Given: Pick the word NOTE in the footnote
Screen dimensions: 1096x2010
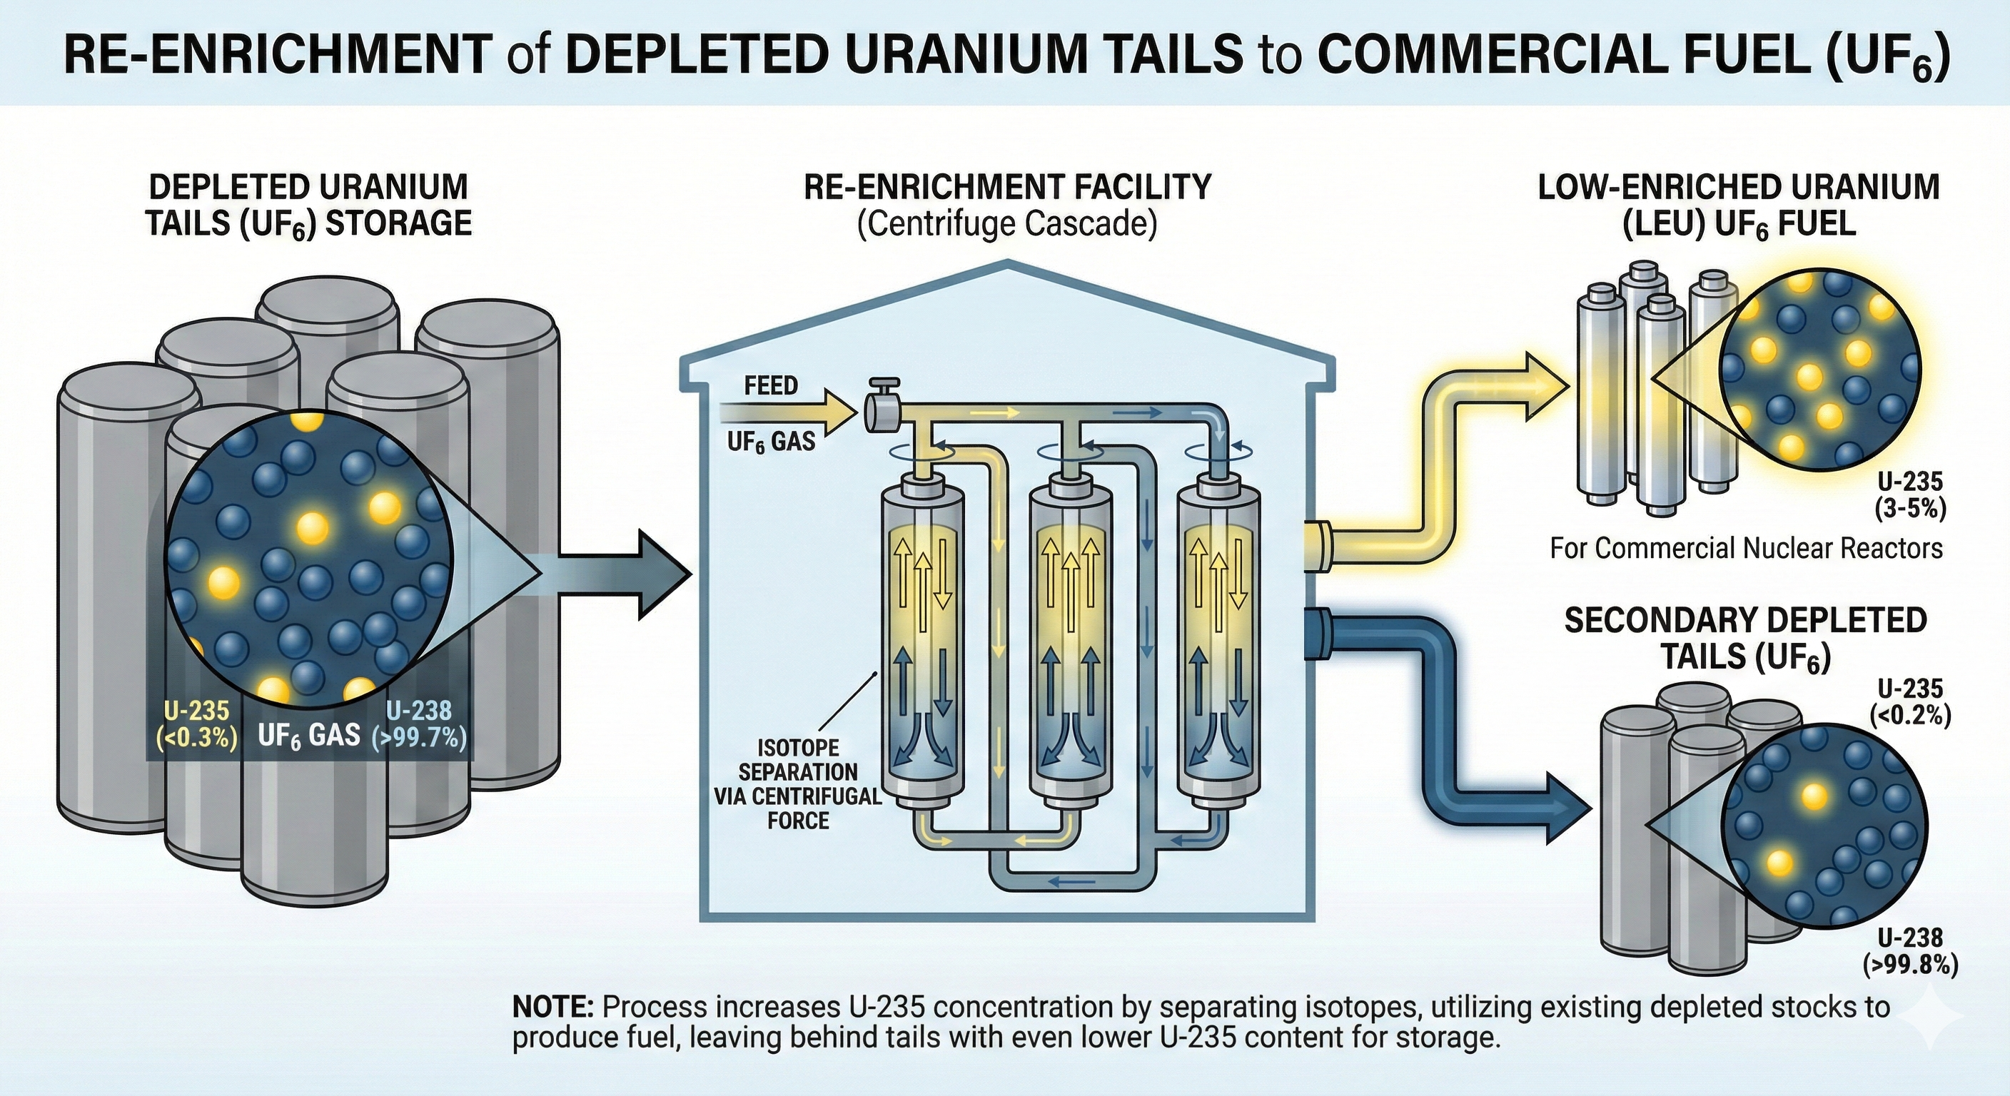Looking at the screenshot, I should [554, 1007].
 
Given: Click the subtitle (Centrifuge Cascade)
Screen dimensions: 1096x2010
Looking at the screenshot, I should [1006, 224].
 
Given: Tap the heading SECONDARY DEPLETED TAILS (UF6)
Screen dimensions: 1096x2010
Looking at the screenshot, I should [1745, 638].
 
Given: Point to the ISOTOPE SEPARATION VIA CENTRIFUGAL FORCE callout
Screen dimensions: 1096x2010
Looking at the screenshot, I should [798, 783].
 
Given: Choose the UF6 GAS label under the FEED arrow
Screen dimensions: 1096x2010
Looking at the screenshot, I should [771, 442].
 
